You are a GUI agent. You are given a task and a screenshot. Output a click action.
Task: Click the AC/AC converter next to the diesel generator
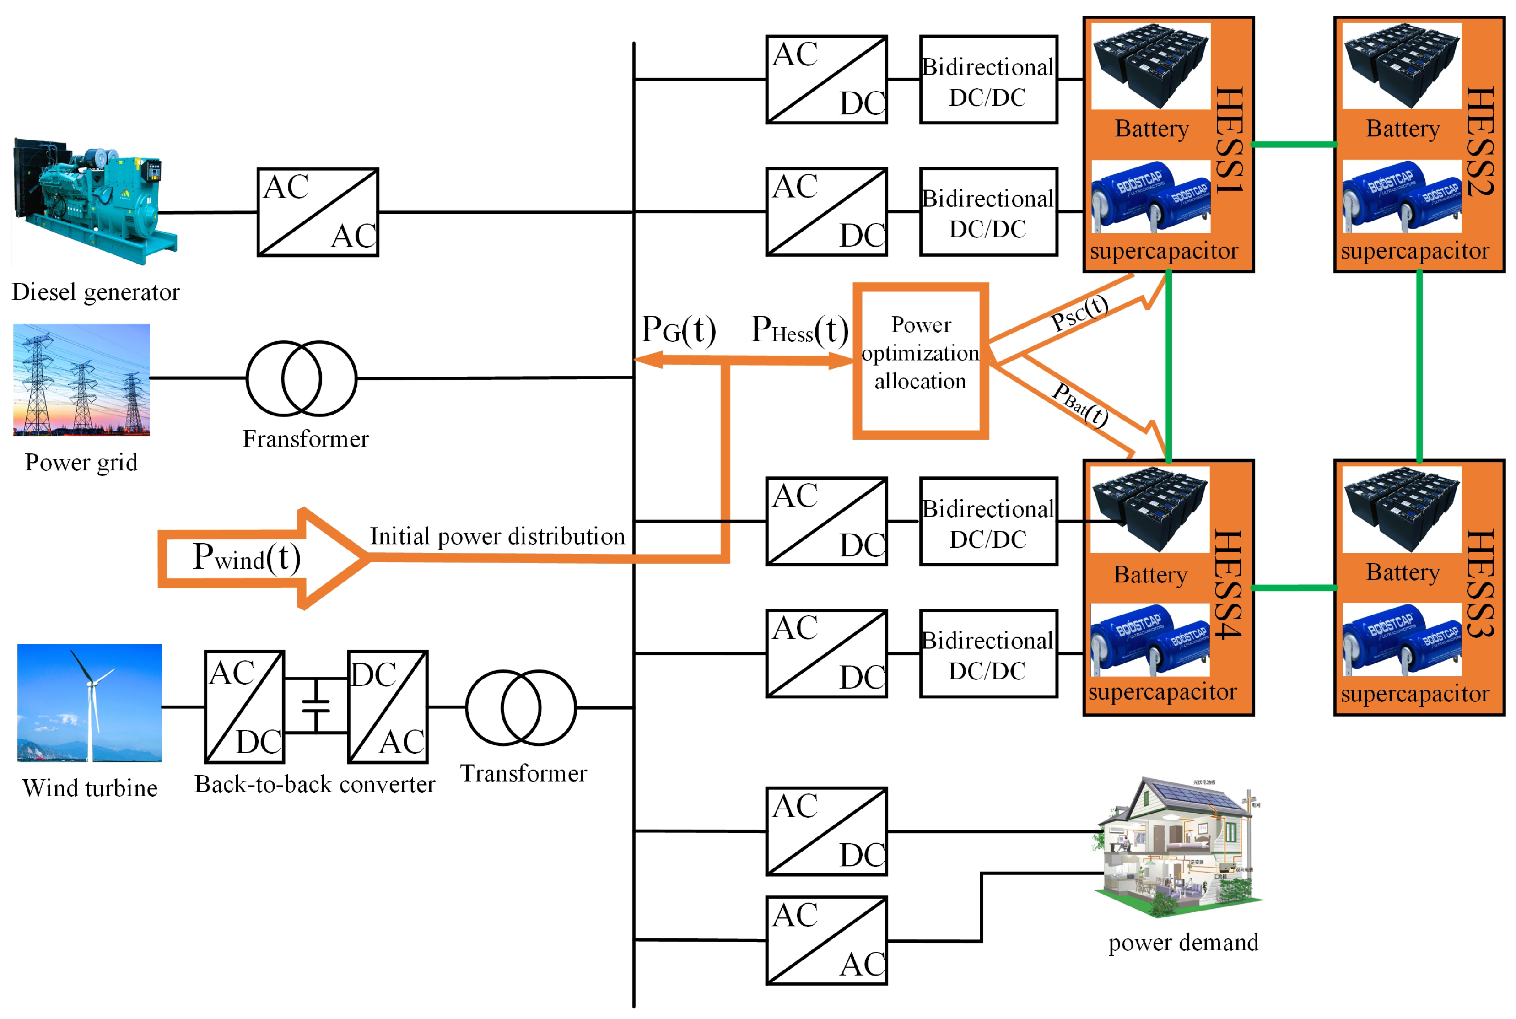[x=318, y=212]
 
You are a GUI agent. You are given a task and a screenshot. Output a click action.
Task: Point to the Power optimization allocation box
[x=920, y=361]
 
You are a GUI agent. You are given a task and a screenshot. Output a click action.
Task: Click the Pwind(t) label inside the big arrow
[x=247, y=558]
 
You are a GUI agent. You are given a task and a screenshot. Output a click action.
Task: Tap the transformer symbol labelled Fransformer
[x=302, y=378]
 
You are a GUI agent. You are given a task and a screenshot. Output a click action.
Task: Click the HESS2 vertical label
[x=1480, y=142]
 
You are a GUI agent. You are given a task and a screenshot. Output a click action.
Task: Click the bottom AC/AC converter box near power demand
[x=826, y=940]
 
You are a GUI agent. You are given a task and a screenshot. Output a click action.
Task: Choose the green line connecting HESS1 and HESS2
[x=1293, y=144]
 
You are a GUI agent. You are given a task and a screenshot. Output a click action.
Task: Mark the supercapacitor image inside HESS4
[x=1149, y=640]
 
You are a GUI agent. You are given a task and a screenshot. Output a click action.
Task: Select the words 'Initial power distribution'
[x=497, y=536]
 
